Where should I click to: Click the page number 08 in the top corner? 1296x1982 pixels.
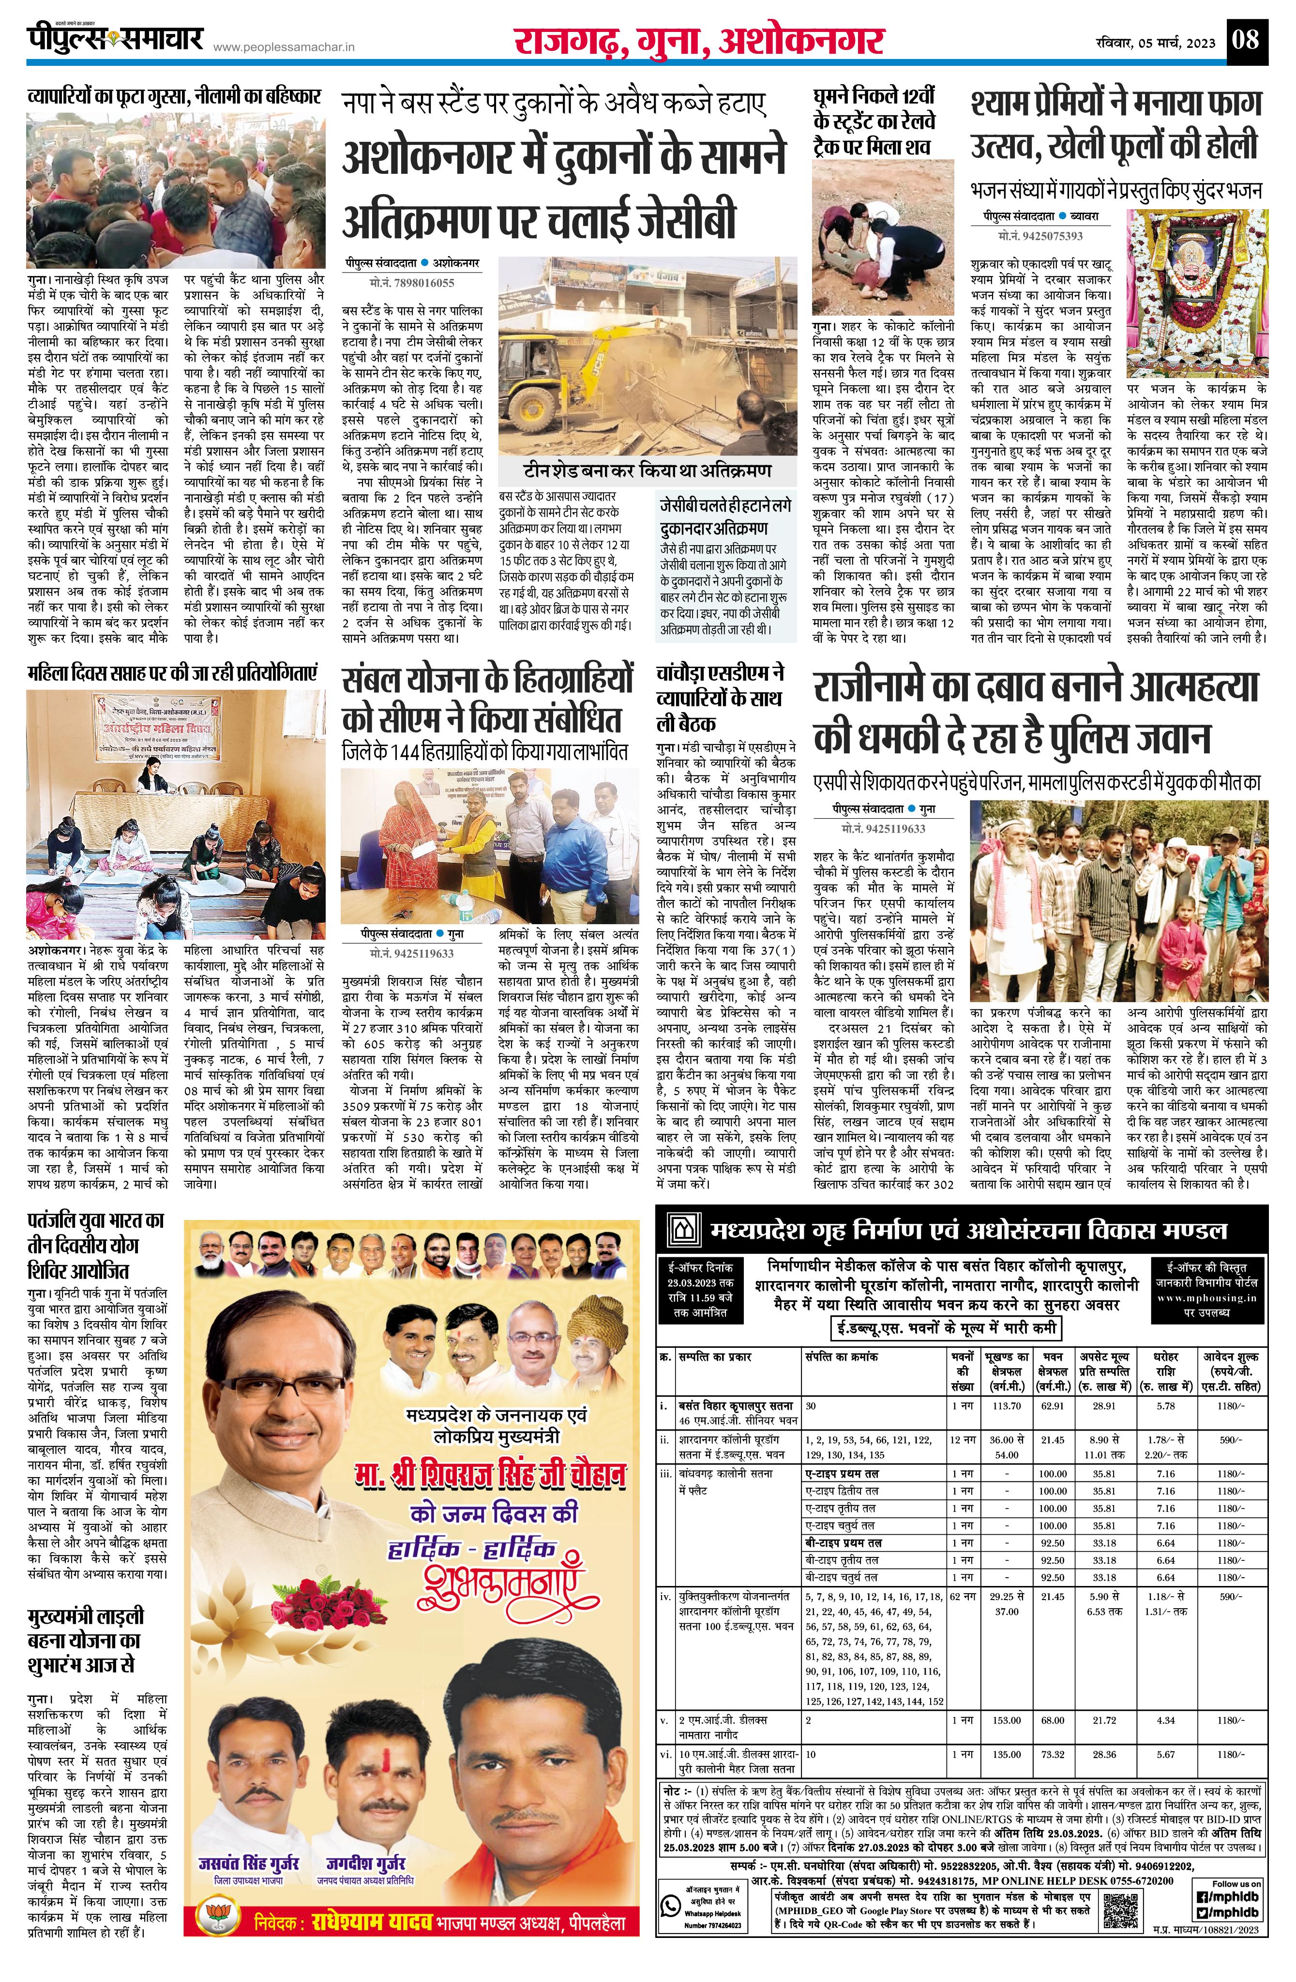click(1247, 39)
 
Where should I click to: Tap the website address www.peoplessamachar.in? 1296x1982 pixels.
click(284, 49)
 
